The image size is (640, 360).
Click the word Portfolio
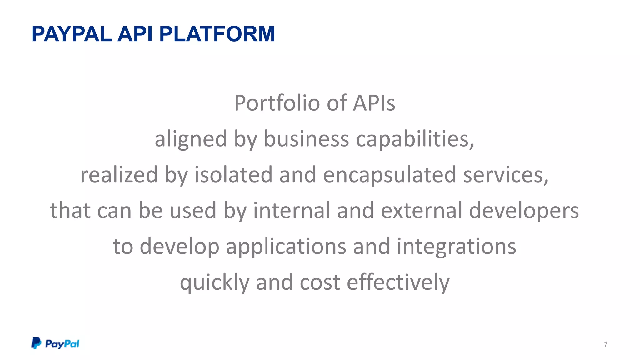point(277,103)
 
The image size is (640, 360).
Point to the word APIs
point(374,103)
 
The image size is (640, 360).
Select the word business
point(306,139)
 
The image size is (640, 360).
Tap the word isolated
point(233,175)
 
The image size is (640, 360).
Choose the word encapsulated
point(389,175)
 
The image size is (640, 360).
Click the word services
point(505,175)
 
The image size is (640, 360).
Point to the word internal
point(291,210)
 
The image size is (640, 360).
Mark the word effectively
point(398,282)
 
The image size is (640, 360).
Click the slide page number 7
point(606,344)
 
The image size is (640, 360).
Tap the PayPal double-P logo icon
point(36,343)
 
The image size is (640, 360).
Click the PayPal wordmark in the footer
point(62,344)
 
